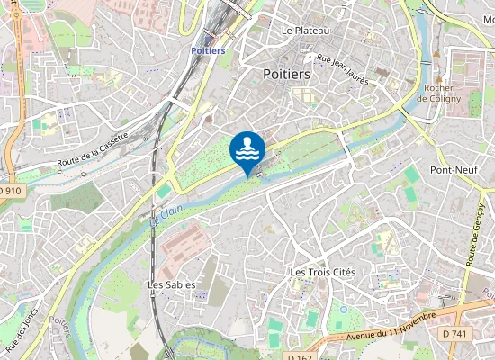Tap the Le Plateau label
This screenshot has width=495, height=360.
305,31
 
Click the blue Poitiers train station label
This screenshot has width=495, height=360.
208,51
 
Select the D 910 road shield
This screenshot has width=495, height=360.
9,191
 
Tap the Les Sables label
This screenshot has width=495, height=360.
171,284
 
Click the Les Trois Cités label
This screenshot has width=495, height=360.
322,272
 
